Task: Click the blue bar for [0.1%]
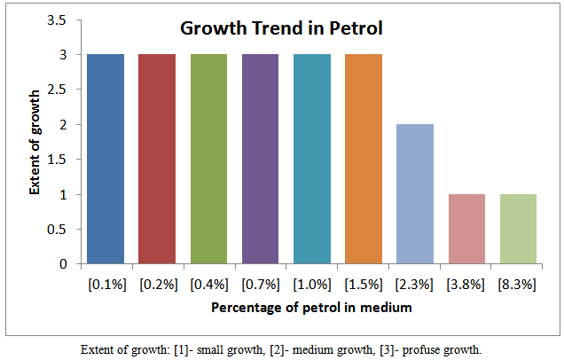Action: pyautogui.click(x=106, y=160)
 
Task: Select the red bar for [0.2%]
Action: pyautogui.click(x=157, y=160)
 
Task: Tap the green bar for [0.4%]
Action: pyautogui.click(x=208, y=160)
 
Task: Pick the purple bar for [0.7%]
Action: pyautogui.click(x=260, y=160)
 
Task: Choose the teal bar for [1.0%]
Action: pyautogui.click(x=311, y=160)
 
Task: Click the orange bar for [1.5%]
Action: pyautogui.click(x=363, y=160)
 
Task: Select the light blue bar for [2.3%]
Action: pyautogui.click(x=414, y=194)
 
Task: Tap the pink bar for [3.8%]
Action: pyautogui.click(x=466, y=229)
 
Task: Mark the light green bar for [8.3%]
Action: pyautogui.click(x=517, y=229)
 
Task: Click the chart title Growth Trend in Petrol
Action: pyautogui.click(x=281, y=28)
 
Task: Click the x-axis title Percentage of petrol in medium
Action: pyautogui.click(x=311, y=308)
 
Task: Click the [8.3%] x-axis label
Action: pyautogui.click(x=517, y=285)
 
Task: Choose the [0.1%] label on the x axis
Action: pyautogui.click(x=106, y=285)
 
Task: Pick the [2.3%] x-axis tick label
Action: pyautogui.click(x=414, y=285)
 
